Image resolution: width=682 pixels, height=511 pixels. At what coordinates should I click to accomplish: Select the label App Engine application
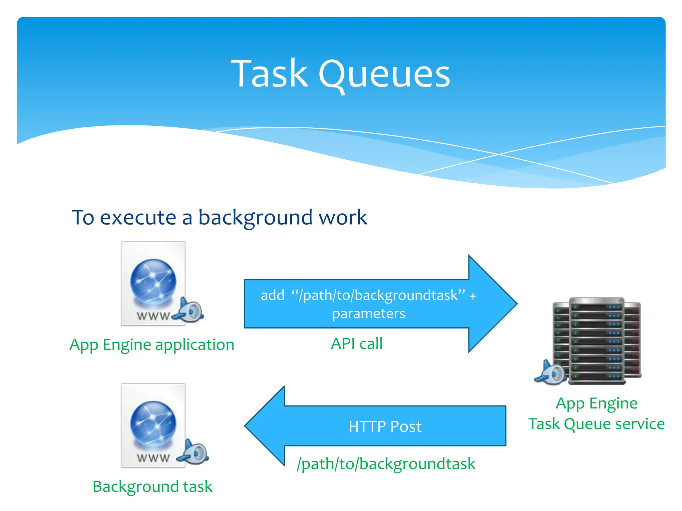click(x=152, y=345)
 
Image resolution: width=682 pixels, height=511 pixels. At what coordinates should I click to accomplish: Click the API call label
click(x=356, y=344)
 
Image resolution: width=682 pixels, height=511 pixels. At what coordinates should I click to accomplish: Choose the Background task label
click(x=153, y=487)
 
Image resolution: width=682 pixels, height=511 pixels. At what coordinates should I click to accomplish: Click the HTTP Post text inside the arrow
click(x=385, y=426)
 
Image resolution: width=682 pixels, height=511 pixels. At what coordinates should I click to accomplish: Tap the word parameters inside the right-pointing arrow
click(x=368, y=314)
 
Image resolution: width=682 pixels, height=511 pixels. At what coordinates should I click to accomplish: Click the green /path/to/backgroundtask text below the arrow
click(x=386, y=464)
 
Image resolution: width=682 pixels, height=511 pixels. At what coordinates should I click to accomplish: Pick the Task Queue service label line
click(x=596, y=424)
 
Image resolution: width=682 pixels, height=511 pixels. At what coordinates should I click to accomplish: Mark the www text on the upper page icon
click(x=153, y=316)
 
